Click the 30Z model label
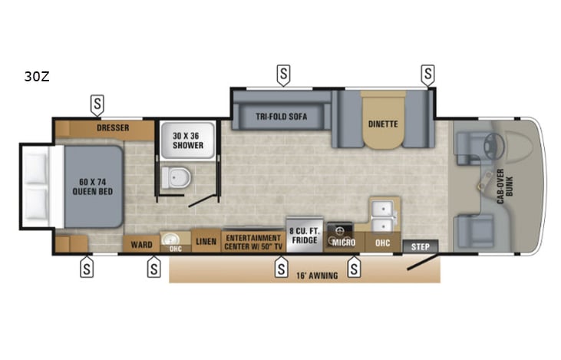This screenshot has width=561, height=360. pos(38,77)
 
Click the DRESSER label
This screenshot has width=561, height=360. pos(113,127)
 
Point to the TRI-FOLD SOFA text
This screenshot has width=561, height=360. pos(282,117)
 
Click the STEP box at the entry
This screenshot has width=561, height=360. pos(420,246)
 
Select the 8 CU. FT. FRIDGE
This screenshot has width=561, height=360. pos(302,233)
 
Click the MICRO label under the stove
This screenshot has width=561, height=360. pos(342,243)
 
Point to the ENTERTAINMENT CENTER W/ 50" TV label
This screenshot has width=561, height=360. pos(252,242)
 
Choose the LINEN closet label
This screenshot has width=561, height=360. pos(206,243)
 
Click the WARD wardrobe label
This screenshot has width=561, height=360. pos(141,245)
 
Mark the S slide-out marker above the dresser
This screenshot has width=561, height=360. pos(97,103)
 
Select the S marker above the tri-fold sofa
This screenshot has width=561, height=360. pos(283,74)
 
